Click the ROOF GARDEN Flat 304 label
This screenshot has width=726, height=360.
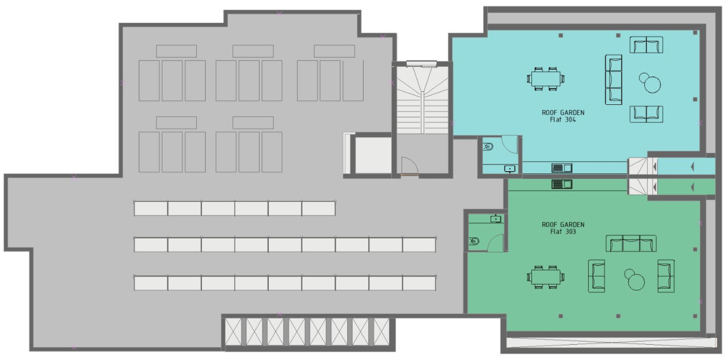pos(563,116)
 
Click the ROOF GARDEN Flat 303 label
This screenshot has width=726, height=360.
pos(563,228)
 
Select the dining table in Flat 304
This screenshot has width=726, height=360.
pos(546,79)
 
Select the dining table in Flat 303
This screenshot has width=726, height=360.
pos(546,277)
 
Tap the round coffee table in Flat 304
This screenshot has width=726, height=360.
pos(652,84)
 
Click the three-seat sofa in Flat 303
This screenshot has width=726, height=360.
pos(631,243)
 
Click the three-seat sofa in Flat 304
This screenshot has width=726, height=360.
pos(614,80)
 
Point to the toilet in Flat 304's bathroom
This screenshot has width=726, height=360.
pos(488,147)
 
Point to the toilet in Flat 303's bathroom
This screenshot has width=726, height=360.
pos(474,241)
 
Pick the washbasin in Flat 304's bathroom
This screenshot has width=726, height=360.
pos(510,169)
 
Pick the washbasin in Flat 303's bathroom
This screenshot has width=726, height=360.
pos(496,219)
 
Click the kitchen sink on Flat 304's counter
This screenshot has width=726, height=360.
pos(562,168)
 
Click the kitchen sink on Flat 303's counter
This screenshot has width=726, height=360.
pos(562,184)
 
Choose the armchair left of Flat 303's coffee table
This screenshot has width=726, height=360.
pos(596,276)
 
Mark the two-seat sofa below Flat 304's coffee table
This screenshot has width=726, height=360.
pos(646,114)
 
